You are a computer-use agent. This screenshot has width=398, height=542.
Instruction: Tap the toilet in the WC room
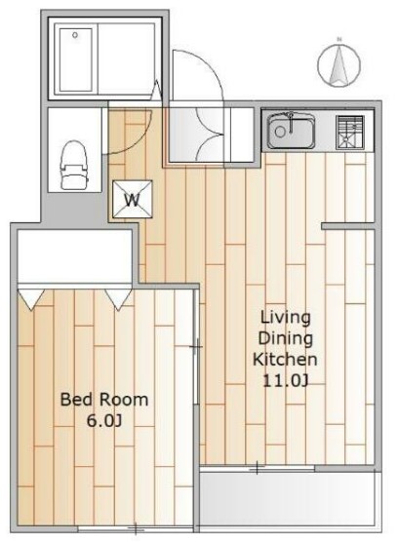pos(74,165)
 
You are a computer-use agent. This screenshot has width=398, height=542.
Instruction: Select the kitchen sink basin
pos(291,131)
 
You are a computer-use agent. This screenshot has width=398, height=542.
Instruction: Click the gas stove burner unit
pos(350,133)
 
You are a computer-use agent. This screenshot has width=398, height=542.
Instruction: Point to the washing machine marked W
pos(133,200)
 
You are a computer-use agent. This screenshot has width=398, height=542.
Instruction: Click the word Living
pos(285,318)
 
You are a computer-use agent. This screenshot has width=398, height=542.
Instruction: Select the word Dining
pos(285,338)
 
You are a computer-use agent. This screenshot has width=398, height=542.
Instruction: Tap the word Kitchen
pos(285,359)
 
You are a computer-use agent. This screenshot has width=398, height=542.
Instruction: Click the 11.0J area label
pos(285,380)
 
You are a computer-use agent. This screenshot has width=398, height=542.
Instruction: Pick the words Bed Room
pos(104,400)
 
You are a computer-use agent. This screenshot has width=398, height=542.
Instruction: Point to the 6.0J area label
pos(103,421)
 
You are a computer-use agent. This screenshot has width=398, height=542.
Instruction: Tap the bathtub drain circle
pos(75,35)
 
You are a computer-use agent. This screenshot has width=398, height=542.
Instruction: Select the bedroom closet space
pos(75,256)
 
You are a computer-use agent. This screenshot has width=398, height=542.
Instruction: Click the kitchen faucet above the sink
pos(291,123)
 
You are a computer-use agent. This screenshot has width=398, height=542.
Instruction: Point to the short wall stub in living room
pos(348,226)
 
